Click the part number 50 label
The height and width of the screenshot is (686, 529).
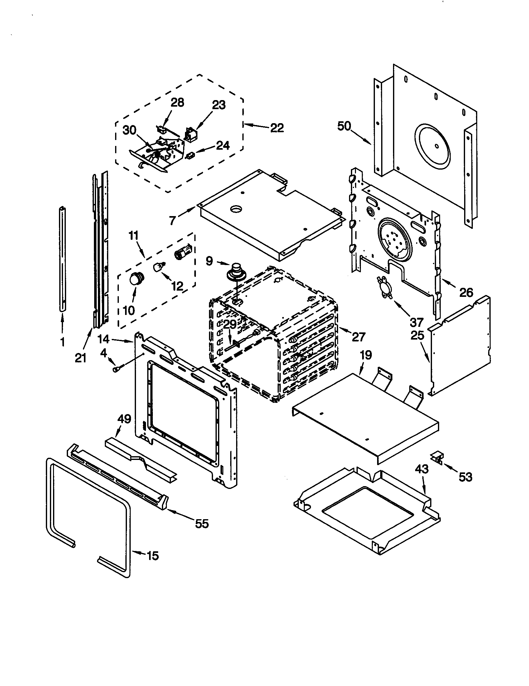pos(344,126)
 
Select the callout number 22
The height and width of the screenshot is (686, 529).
pos(277,128)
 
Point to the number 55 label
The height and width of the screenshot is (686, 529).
pos(202,524)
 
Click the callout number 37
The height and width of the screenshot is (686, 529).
pos(416,322)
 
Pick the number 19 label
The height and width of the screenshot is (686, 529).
pos(366,355)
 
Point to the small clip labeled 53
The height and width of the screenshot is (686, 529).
pos(438,458)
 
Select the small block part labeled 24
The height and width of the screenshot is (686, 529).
pos(191,155)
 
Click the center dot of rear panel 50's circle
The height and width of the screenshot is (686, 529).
pos(436,146)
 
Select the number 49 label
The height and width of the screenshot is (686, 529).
pos(124,419)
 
